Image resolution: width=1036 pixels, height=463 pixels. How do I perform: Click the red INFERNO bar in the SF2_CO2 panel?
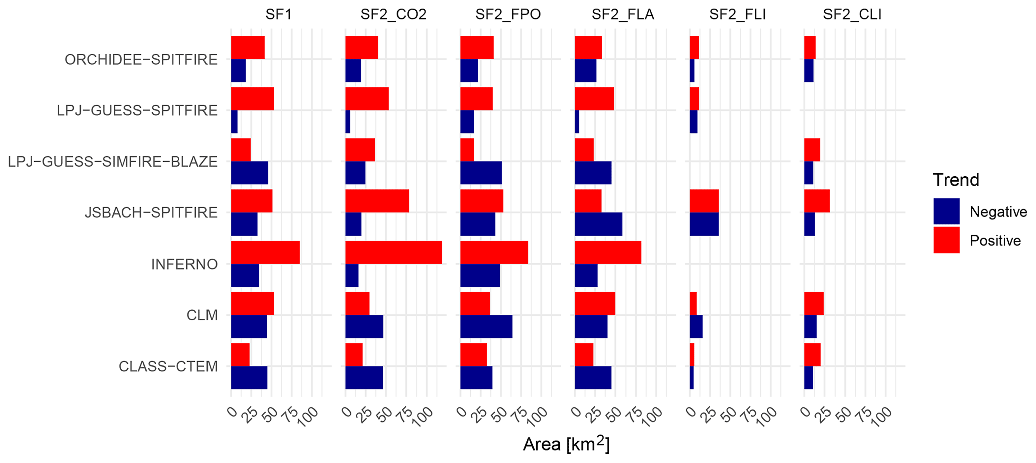point(393,252)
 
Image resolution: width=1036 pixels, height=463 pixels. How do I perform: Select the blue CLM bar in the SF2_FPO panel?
point(486,327)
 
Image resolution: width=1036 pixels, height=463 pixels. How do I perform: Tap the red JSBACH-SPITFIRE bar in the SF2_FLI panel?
point(704,201)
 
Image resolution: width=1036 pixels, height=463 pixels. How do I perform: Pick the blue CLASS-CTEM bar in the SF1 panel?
point(249,378)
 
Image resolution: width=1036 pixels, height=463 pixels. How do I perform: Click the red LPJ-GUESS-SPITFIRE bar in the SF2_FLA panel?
point(594,99)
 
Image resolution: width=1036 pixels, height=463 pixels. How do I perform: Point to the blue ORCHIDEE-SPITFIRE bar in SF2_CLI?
point(809,71)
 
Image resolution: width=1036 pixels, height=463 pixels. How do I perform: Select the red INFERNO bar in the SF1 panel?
point(265,252)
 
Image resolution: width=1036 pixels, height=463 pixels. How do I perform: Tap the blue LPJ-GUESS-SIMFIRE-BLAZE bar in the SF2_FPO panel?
point(481,173)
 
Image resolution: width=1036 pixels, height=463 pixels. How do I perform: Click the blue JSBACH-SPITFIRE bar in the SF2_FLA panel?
point(598,224)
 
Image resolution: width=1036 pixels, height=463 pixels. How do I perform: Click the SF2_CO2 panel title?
point(393,14)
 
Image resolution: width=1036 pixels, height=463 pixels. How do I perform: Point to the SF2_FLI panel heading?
point(737,14)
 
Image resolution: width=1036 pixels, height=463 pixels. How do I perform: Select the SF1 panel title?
point(278,14)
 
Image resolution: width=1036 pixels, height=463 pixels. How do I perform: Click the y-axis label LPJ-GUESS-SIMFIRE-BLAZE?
point(113,162)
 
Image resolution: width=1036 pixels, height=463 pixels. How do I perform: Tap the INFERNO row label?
point(184,264)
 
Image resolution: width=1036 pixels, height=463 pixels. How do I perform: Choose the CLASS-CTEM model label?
point(168,367)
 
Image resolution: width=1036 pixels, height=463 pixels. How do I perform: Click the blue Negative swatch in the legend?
point(946,211)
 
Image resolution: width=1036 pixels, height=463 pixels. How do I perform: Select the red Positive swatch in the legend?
point(946,240)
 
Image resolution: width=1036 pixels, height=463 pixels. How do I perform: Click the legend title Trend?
point(956,180)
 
